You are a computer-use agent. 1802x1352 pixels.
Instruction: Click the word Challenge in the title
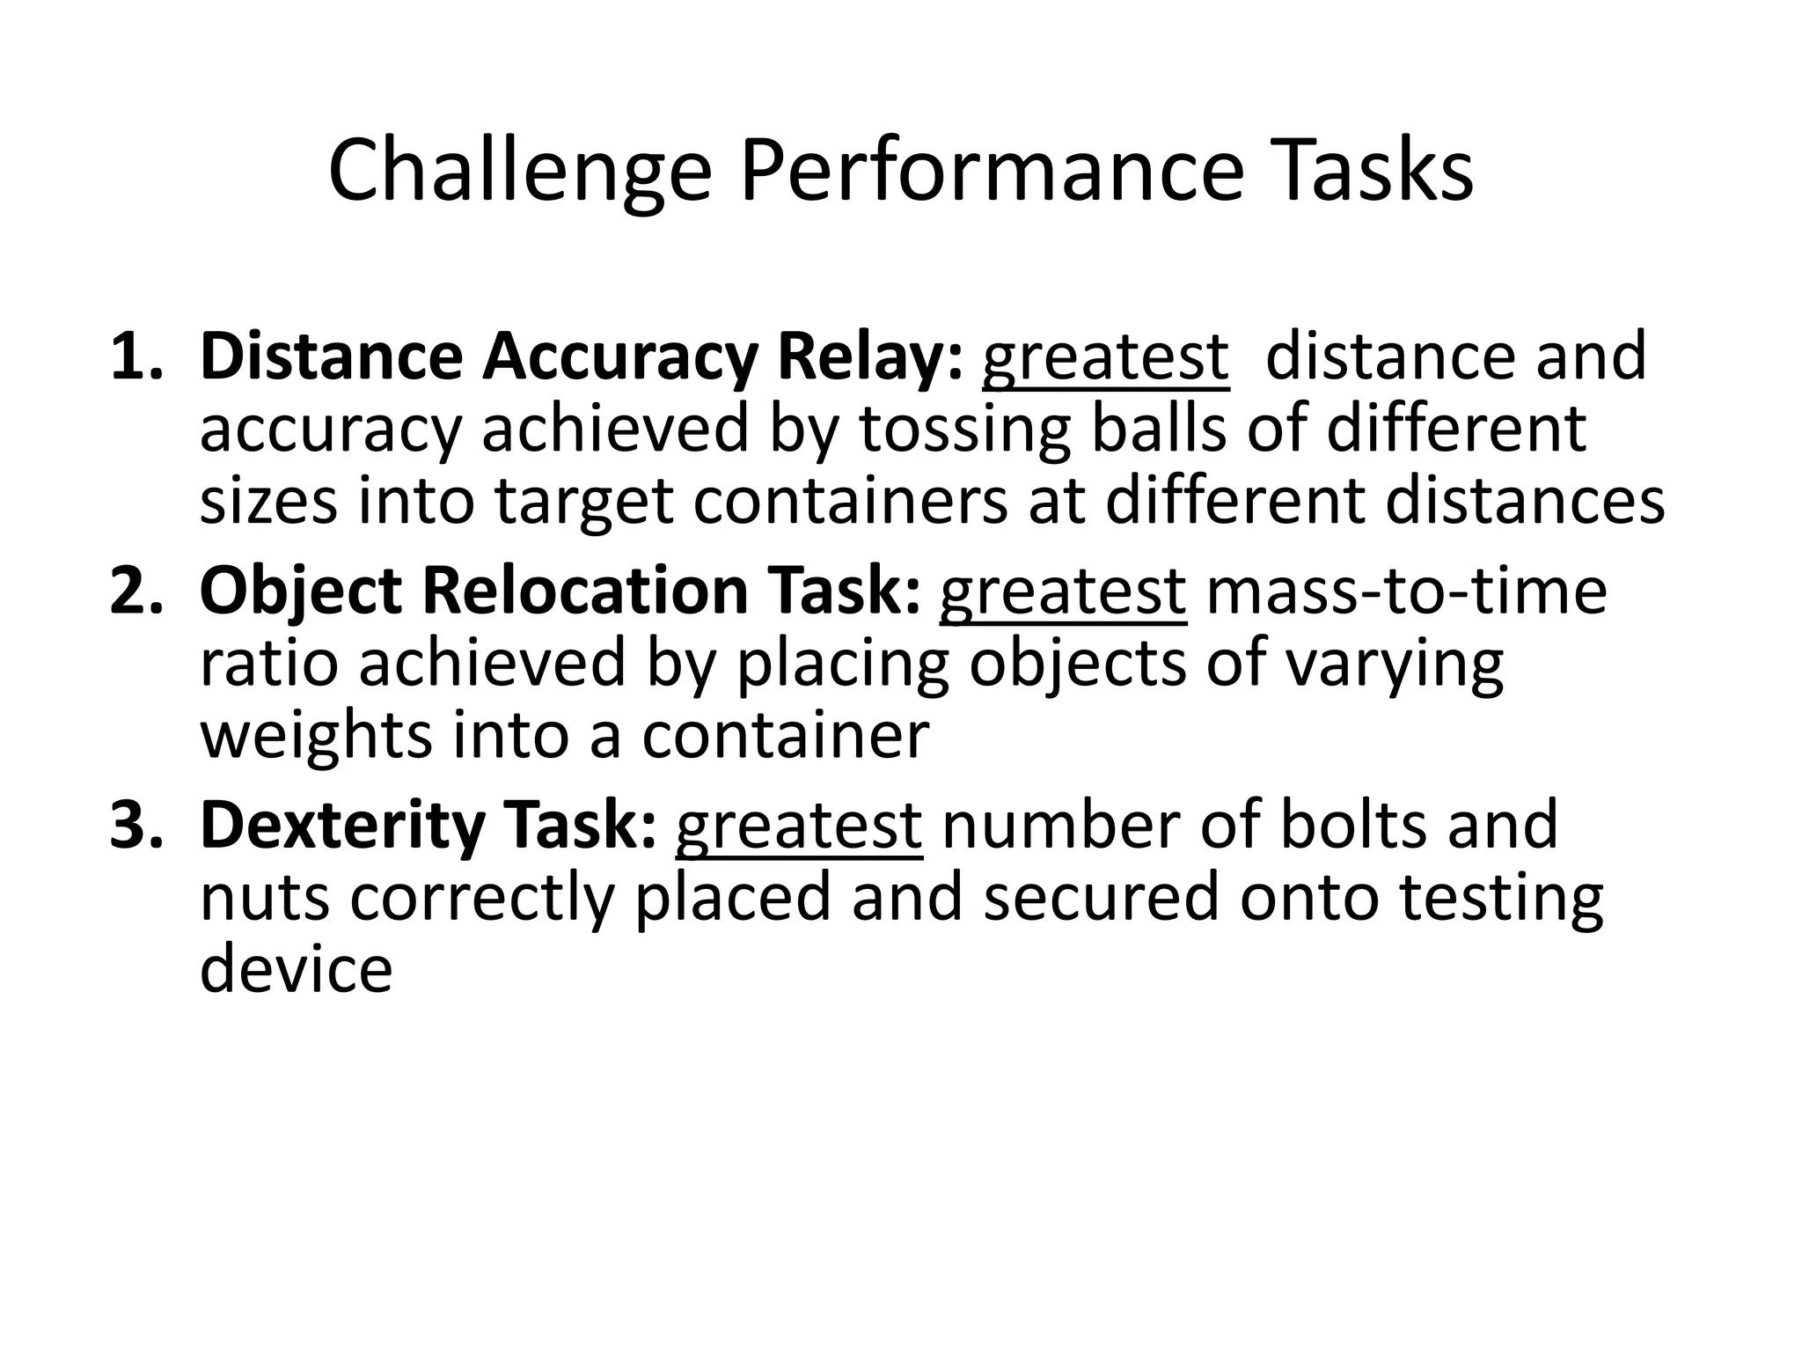point(519,172)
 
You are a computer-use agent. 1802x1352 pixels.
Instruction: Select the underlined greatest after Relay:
point(1105,356)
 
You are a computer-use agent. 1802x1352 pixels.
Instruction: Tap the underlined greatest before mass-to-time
point(1063,591)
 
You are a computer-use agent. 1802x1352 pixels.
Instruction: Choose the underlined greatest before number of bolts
point(799,826)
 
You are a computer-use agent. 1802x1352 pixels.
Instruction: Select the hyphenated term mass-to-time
point(1406,591)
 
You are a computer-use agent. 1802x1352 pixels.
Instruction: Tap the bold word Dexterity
point(342,826)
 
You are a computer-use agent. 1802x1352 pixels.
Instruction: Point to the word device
point(296,968)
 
